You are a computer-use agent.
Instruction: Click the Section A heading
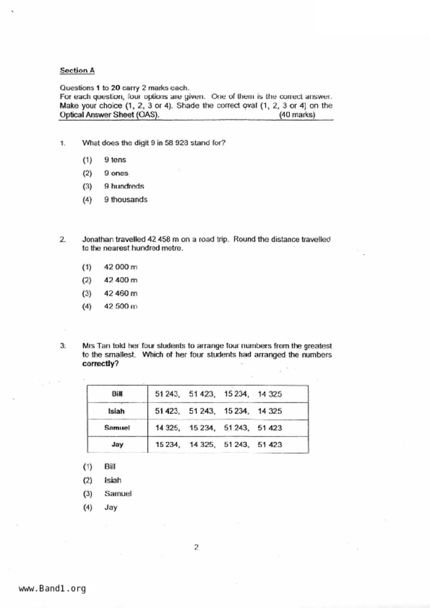pos(77,70)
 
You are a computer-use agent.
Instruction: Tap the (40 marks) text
pos(297,115)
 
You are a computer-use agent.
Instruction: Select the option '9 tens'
pos(115,160)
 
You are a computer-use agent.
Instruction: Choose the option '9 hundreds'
pos(124,186)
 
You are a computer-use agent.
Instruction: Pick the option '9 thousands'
pos(126,200)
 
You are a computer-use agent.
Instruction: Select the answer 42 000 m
pos(120,267)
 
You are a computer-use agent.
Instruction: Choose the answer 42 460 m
pos(120,293)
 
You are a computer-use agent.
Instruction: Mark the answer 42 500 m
pos(120,306)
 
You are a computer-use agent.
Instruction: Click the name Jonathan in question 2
pos(98,239)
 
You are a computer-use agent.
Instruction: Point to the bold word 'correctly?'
pos(100,364)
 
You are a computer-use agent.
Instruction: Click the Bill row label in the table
pos(117,394)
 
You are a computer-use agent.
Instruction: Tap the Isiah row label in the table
pos(116,411)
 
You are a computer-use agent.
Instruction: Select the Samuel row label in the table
pos(117,428)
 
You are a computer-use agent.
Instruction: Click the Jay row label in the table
pos(117,444)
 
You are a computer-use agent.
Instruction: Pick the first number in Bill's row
pos(167,394)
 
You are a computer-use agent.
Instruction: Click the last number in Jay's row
pos(270,444)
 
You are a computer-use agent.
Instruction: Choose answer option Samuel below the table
pos(118,494)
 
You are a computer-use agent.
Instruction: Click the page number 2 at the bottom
pos(196,547)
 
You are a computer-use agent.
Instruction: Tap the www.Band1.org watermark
pos(52,589)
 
